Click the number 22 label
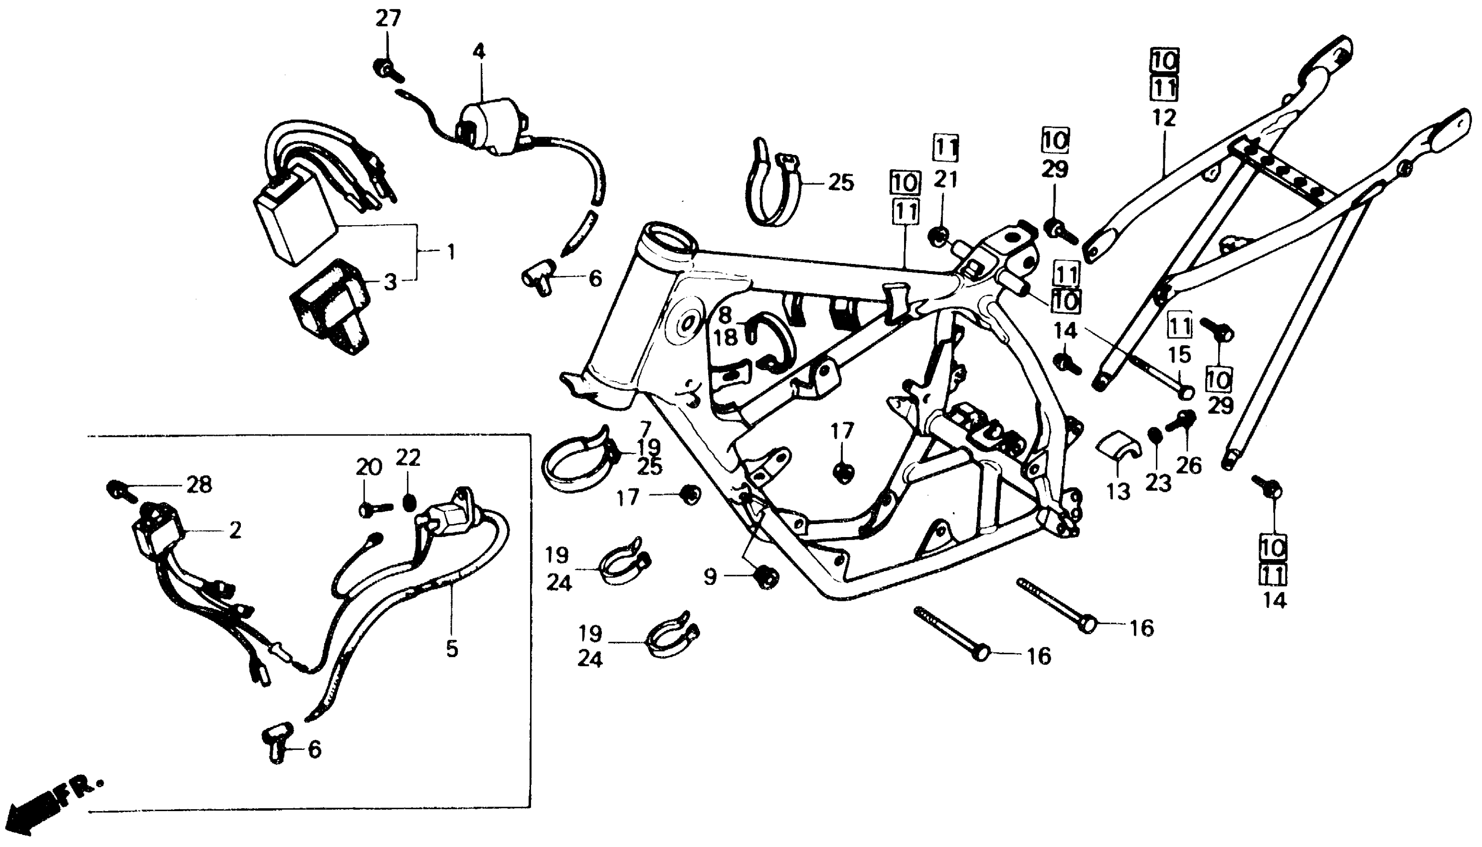coord(408,458)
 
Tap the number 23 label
coord(1158,483)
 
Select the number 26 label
coord(1189,465)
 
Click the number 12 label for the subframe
coord(1164,118)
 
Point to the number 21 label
coord(945,180)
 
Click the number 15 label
coord(1180,355)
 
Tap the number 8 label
coord(724,315)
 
